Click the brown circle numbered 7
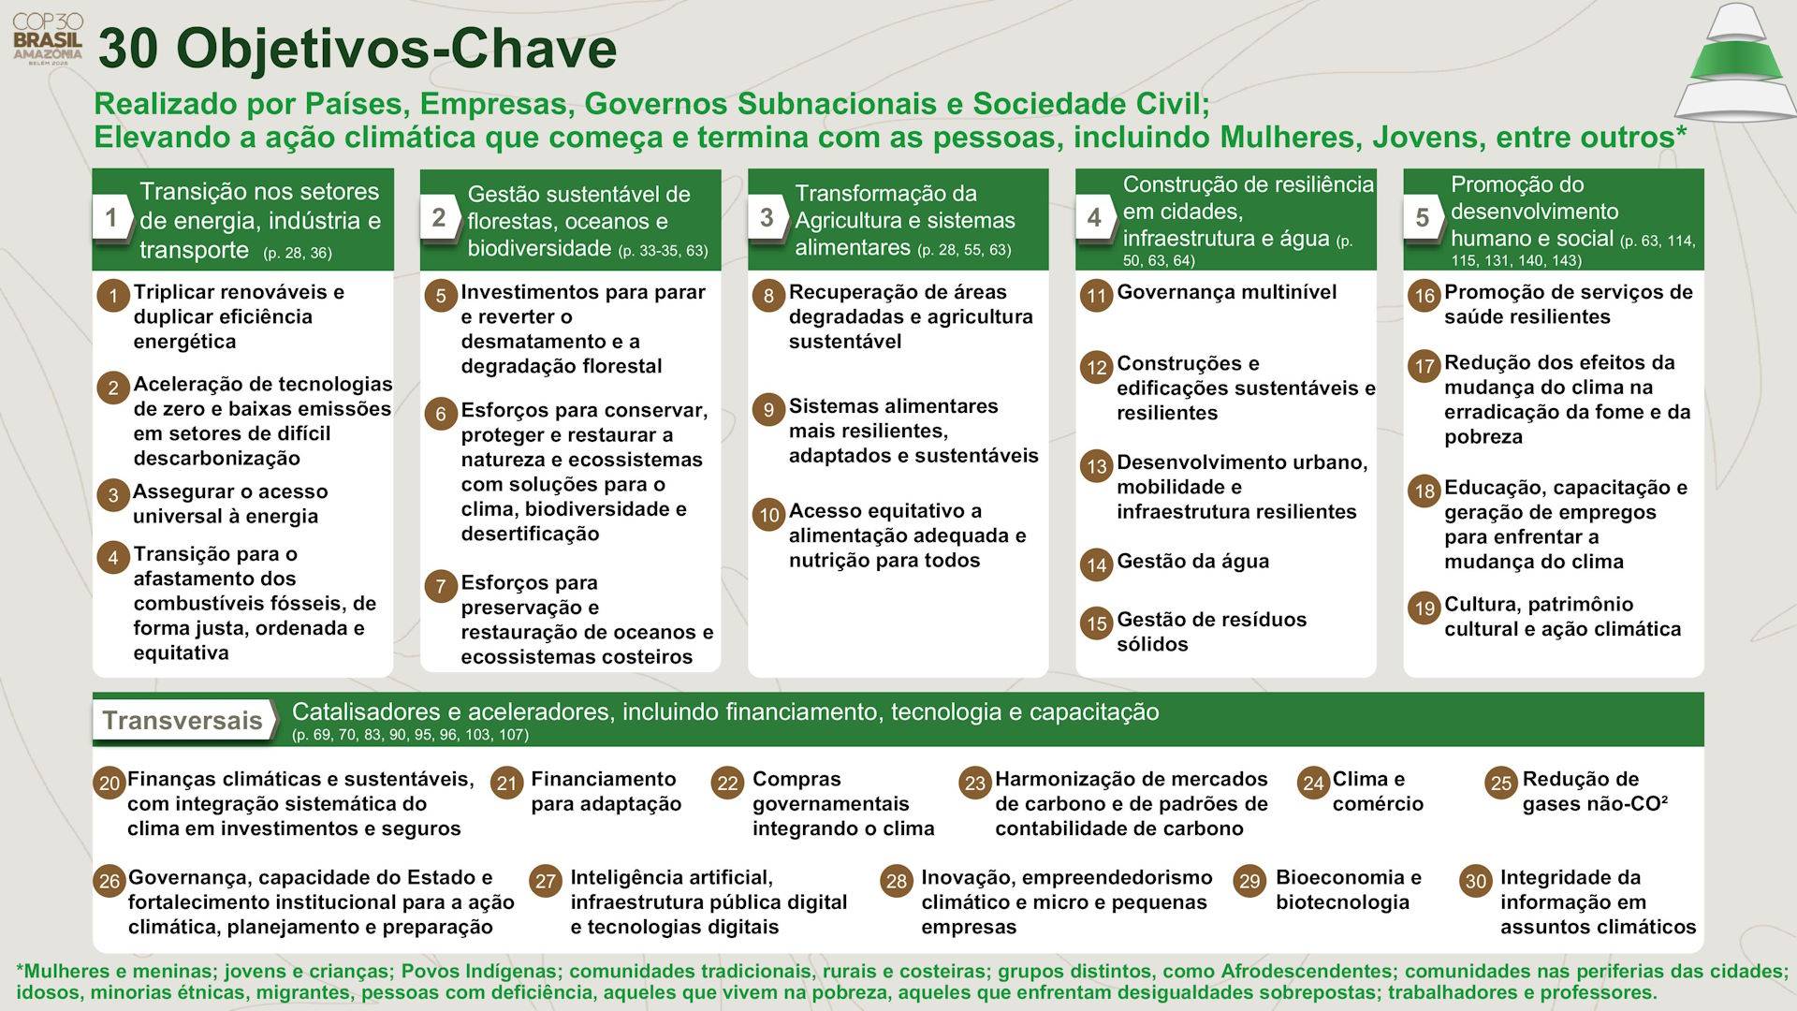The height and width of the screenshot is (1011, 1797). pyautogui.click(x=440, y=587)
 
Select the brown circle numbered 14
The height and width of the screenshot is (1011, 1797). pyautogui.click(x=1096, y=564)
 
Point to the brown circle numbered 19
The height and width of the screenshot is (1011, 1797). pyautogui.click(x=1424, y=608)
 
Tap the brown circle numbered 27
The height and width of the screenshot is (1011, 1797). pyautogui.click(x=545, y=881)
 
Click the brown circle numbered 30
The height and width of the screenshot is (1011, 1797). pyautogui.click(x=1475, y=881)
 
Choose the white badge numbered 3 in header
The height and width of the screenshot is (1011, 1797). pyautogui.click(x=767, y=218)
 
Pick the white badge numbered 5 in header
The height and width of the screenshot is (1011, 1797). pyautogui.click(x=1422, y=218)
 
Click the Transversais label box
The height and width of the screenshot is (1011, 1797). pyautogui.click(x=183, y=720)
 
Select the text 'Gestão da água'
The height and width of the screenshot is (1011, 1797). pyautogui.click(x=1192, y=562)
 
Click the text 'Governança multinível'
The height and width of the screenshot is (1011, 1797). pyautogui.click(x=1226, y=292)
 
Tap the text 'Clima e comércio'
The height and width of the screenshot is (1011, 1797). pyautogui.click(x=1377, y=791)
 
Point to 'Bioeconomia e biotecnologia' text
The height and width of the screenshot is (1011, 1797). pyautogui.click(x=1347, y=889)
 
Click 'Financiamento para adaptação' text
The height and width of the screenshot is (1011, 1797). pyautogui.click(x=605, y=791)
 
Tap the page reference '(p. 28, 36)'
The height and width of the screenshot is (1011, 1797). pyautogui.click(x=298, y=253)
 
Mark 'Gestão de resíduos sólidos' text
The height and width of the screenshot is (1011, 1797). pyautogui.click(x=1210, y=632)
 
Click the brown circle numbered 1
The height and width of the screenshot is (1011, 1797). pyautogui.click(x=113, y=297)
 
